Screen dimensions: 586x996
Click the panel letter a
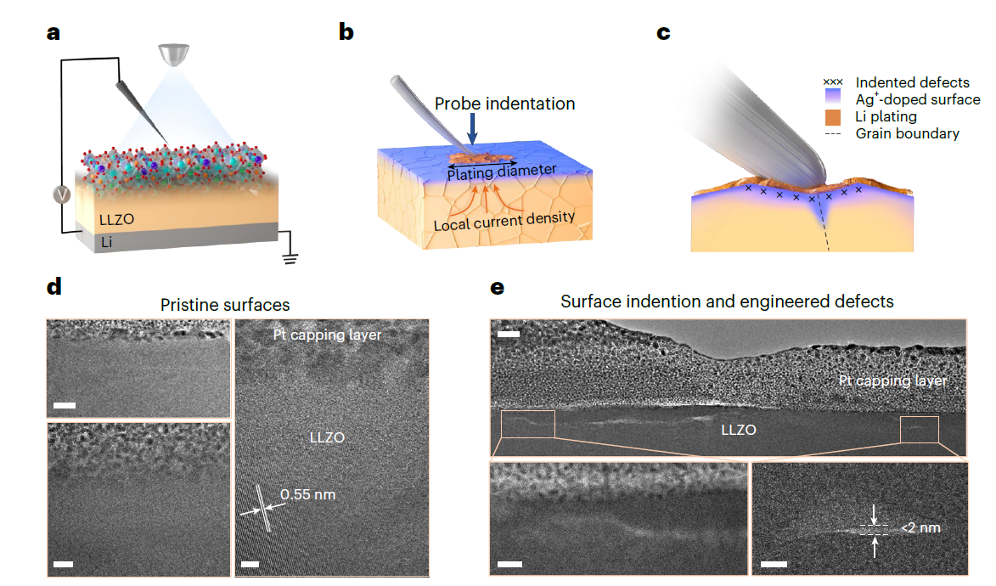point(53,33)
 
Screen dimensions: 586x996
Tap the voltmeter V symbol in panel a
point(60,194)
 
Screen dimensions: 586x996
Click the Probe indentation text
point(504,104)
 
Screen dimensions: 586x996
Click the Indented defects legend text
point(912,82)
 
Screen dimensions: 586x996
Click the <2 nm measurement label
point(921,527)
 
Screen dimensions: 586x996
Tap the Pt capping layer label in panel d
point(327,335)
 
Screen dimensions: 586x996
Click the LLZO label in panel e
point(738,431)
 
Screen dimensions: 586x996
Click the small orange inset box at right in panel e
point(920,429)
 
